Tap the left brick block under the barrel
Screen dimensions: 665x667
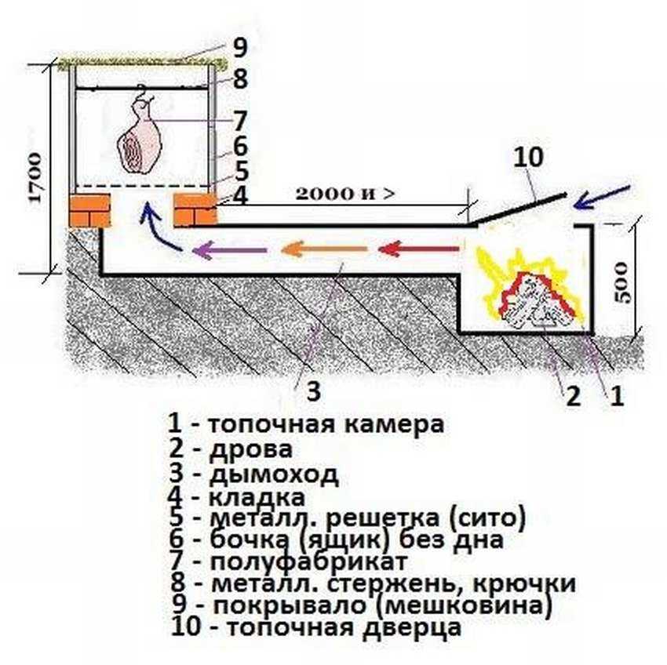pyautogui.click(x=89, y=210)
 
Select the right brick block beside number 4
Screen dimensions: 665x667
pyautogui.click(x=194, y=210)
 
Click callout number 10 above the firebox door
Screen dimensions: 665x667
pyautogui.click(x=527, y=157)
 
